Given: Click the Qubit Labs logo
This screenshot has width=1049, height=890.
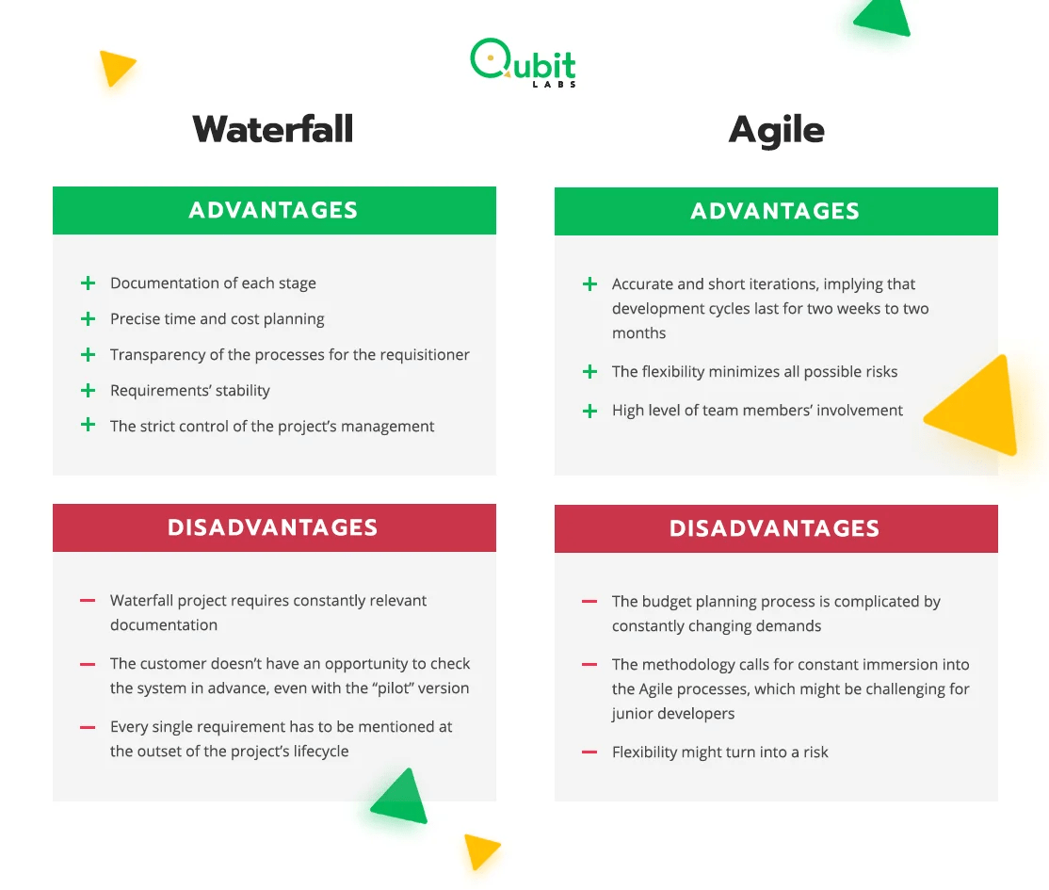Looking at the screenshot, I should (x=524, y=63).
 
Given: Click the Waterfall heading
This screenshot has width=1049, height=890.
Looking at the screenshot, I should (x=273, y=129).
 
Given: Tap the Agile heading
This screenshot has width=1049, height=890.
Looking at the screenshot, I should (x=776, y=130).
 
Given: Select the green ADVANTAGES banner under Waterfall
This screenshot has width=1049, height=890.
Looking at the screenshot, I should (x=274, y=210).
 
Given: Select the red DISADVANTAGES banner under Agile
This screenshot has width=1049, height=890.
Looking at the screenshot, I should (x=775, y=528).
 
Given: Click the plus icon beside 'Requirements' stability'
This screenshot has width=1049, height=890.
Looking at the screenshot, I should (x=88, y=390).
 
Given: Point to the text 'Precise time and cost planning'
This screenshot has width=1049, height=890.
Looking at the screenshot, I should (x=217, y=318).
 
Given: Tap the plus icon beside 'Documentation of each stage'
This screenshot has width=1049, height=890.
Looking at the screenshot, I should (x=88, y=283).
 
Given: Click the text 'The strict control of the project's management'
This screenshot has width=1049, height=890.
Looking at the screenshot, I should (x=272, y=426).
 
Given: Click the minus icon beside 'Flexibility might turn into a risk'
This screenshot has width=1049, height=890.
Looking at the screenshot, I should (x=589, y=752).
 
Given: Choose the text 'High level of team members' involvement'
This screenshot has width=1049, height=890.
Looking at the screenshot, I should (x=757, y=410).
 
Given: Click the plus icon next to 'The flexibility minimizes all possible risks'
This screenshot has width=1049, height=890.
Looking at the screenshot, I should (x=589, y=371).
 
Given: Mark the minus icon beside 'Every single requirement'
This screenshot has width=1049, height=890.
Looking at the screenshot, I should (x=88, y=727).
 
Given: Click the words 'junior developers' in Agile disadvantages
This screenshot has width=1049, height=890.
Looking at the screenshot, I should (x=672, y=713).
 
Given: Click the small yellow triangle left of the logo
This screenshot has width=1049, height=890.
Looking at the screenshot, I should (x=115, y=67).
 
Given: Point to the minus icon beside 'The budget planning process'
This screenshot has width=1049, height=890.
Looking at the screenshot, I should (x=589, y=601).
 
